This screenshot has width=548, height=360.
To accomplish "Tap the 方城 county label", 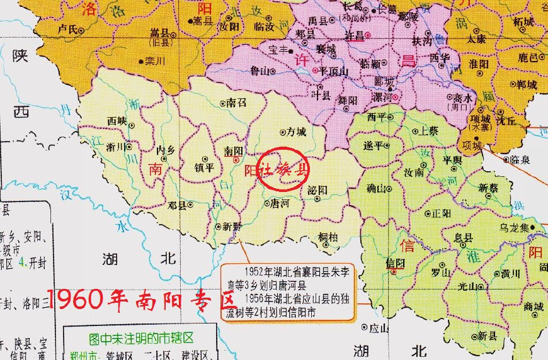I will point(296,133).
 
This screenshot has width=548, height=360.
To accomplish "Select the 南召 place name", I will point(236,103).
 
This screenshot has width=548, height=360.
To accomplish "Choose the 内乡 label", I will point(166,150).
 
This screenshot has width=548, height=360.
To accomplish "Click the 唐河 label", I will point(279,203).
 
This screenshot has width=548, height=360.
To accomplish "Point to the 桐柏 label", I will point(328,237).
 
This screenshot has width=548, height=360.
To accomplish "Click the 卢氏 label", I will point(67,28).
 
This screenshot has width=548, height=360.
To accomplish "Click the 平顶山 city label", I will point(334,70).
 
